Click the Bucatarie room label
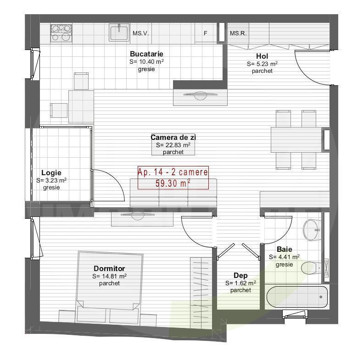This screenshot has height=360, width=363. pos(146,54)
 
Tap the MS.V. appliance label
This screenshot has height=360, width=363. pos(140,33)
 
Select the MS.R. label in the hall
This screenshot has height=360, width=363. pos(238,33)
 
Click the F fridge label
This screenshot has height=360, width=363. pos(206,33)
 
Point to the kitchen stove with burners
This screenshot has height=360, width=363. pos(61,33)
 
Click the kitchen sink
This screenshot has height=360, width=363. pos(119,33)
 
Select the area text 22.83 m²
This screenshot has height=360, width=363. pos(173,145)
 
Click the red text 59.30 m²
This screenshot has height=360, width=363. pos(173,183)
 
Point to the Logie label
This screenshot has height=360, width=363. pos(51,173)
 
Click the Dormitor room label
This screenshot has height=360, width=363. pos(109,269)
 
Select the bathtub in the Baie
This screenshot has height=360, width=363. pos(296,297)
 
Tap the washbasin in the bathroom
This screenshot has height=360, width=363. pos(313,228)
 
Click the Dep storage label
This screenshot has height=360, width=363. pos(240,276)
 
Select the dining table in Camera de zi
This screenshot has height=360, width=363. pos(296,139)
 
